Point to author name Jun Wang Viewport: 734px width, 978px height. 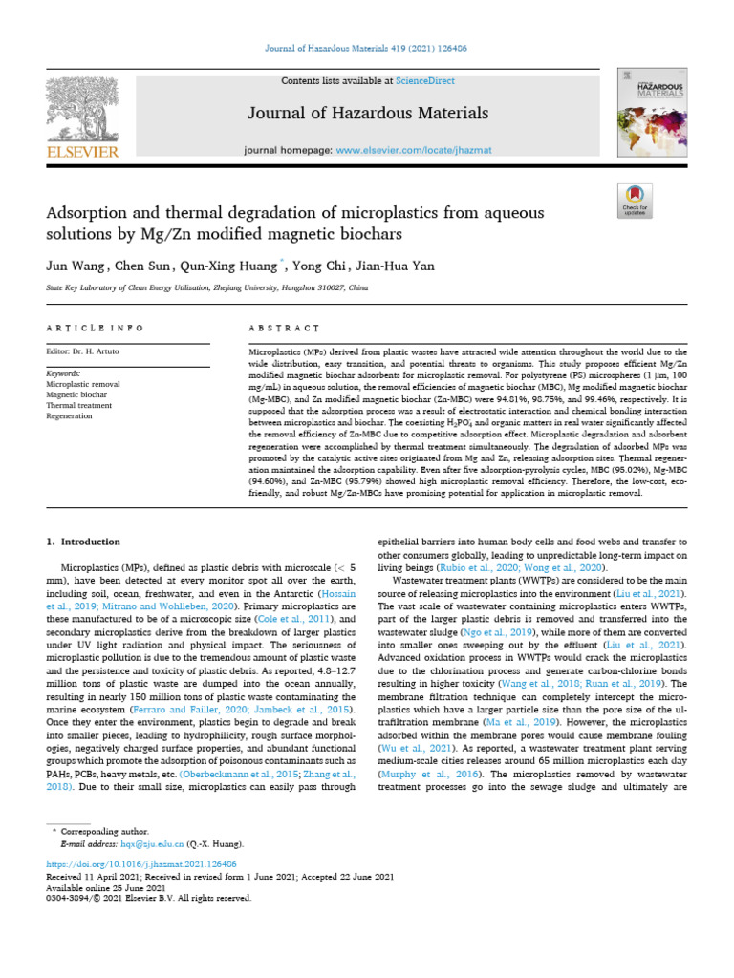click(76, 266)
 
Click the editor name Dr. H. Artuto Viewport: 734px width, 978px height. click(110, 351)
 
